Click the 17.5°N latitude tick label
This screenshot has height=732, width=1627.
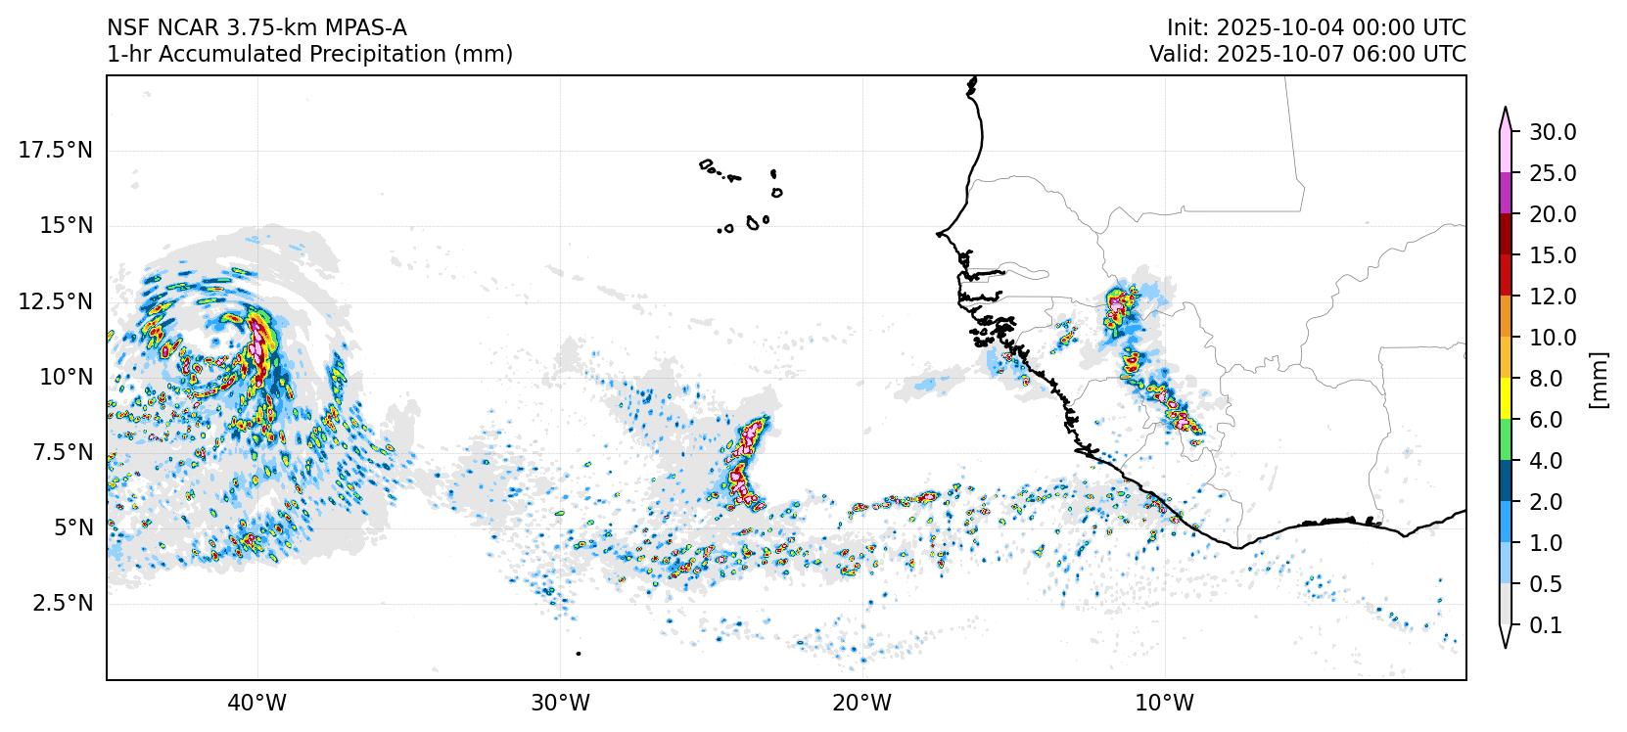(x=55, y=150)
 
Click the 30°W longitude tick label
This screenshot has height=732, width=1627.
(x=561, y=703)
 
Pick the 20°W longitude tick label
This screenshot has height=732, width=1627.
(x=863, y=703)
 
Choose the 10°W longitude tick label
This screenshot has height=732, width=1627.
(x=1166, y=703)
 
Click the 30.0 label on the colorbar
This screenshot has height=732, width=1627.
(x=1553, y=132)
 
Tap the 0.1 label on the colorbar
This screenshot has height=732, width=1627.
(x=1546, y=625)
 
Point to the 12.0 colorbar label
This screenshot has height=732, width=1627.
(x=1553, y=297)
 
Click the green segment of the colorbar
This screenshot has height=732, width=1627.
(x=1506, y=440)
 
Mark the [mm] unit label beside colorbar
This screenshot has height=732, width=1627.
(x=1599, y=379)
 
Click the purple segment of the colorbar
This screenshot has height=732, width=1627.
(x=1506, y=194)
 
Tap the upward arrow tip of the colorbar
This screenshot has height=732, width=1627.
(x=1506, y=111)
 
